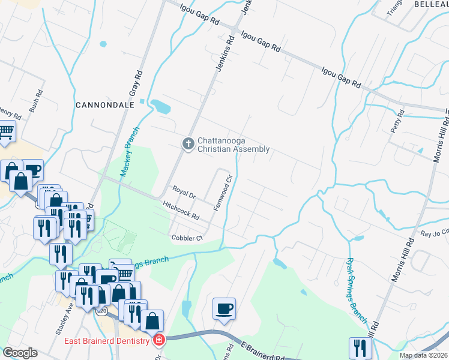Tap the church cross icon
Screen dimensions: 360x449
click(x=188, y=143)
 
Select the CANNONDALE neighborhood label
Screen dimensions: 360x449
click(x=104, y=104)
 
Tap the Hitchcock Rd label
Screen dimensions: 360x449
click(x=181, y=209)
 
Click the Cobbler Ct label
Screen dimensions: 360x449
click(x=188, y=238)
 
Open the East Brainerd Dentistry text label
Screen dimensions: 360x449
click(x=106, y=341)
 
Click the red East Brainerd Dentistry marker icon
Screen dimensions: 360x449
click(x=159, y=341)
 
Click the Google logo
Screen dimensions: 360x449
click(x=20, y=353)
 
